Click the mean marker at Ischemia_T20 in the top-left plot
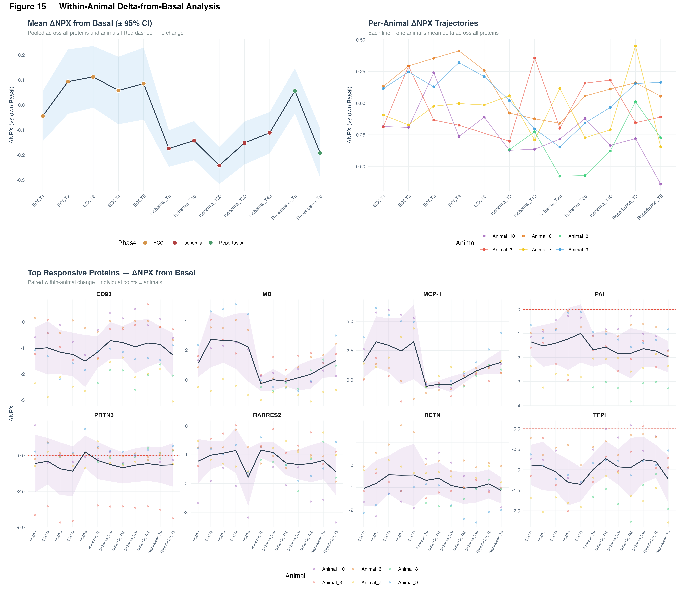point(219,165)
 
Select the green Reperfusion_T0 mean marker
point(295,91)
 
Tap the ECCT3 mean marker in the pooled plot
point(93,77)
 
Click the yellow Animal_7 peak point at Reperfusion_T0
point(635,46)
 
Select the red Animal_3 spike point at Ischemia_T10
point(534,58)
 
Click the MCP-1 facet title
point(432,294)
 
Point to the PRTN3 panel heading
point(104,415)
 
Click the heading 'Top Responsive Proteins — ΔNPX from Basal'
point(111,273)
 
